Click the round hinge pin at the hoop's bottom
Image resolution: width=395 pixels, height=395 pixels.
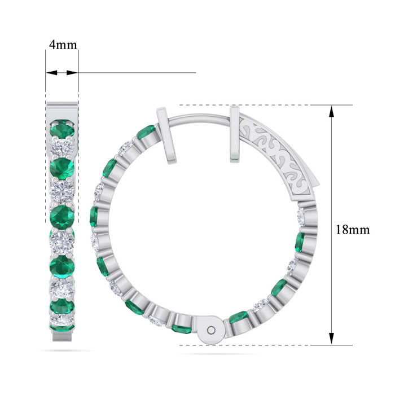[x=212, y=330]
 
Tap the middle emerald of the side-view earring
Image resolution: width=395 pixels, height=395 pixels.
[x=62, y=216]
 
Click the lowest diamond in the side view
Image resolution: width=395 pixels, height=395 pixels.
[x=62, y=322]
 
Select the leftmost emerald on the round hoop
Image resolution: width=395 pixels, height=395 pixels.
[x=94, y=216]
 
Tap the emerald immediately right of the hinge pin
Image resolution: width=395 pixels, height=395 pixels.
[x=238, y=317]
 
